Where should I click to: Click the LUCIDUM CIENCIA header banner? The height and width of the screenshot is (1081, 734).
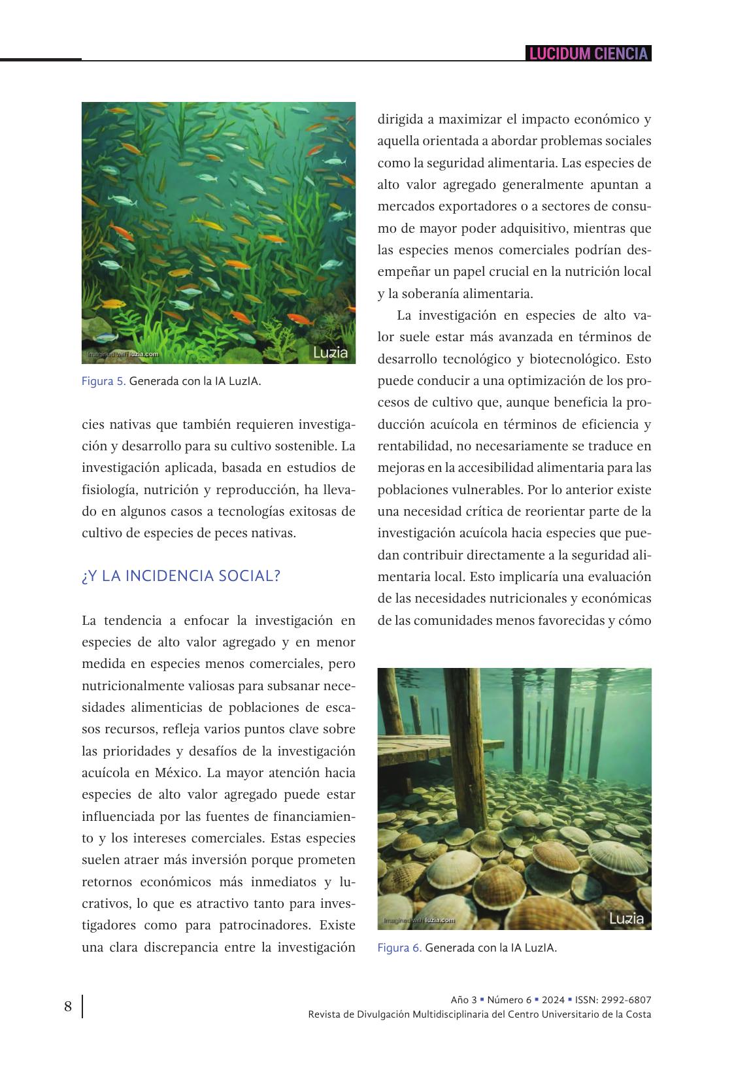(588, 54)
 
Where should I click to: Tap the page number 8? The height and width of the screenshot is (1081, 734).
(68, 1006)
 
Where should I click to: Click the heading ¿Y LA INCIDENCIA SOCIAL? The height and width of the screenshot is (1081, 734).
(181, 576)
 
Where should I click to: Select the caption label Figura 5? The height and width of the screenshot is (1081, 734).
(103, 381)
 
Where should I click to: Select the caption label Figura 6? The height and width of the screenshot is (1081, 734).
(399, 948)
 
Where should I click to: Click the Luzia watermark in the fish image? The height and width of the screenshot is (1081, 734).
(331, 354)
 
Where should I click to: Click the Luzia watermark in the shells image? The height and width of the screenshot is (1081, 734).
(626, 918)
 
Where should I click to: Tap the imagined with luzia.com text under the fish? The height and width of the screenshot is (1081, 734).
(124, 354)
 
